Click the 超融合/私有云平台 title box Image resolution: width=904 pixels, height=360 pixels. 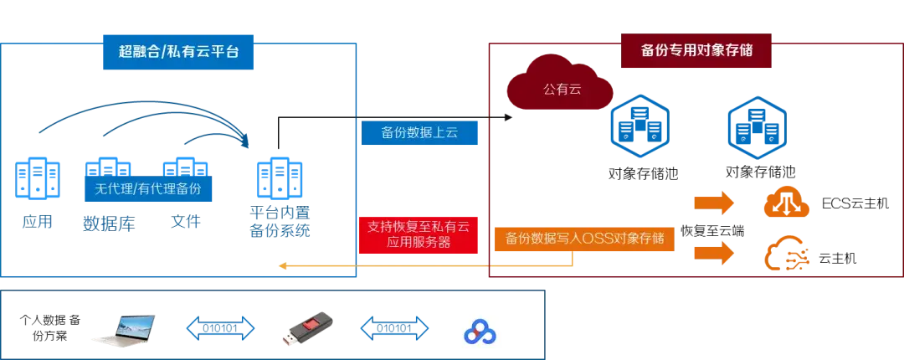click(179, 51)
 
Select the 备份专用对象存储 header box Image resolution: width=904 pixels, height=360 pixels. click(696, 49)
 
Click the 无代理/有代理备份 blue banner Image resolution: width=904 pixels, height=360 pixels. click(147, 189)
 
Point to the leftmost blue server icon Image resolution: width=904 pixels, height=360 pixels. click(37, 178)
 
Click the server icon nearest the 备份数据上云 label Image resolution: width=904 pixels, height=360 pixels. click(280, 177)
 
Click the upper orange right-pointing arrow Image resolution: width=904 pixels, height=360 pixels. click(713, 203)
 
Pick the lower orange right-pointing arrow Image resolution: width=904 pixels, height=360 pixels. click(713, 252)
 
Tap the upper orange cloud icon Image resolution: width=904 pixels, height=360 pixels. click(786, 203)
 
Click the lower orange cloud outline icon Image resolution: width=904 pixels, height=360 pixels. click(786, 255)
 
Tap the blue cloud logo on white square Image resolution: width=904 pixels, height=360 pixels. click(478, 331)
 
